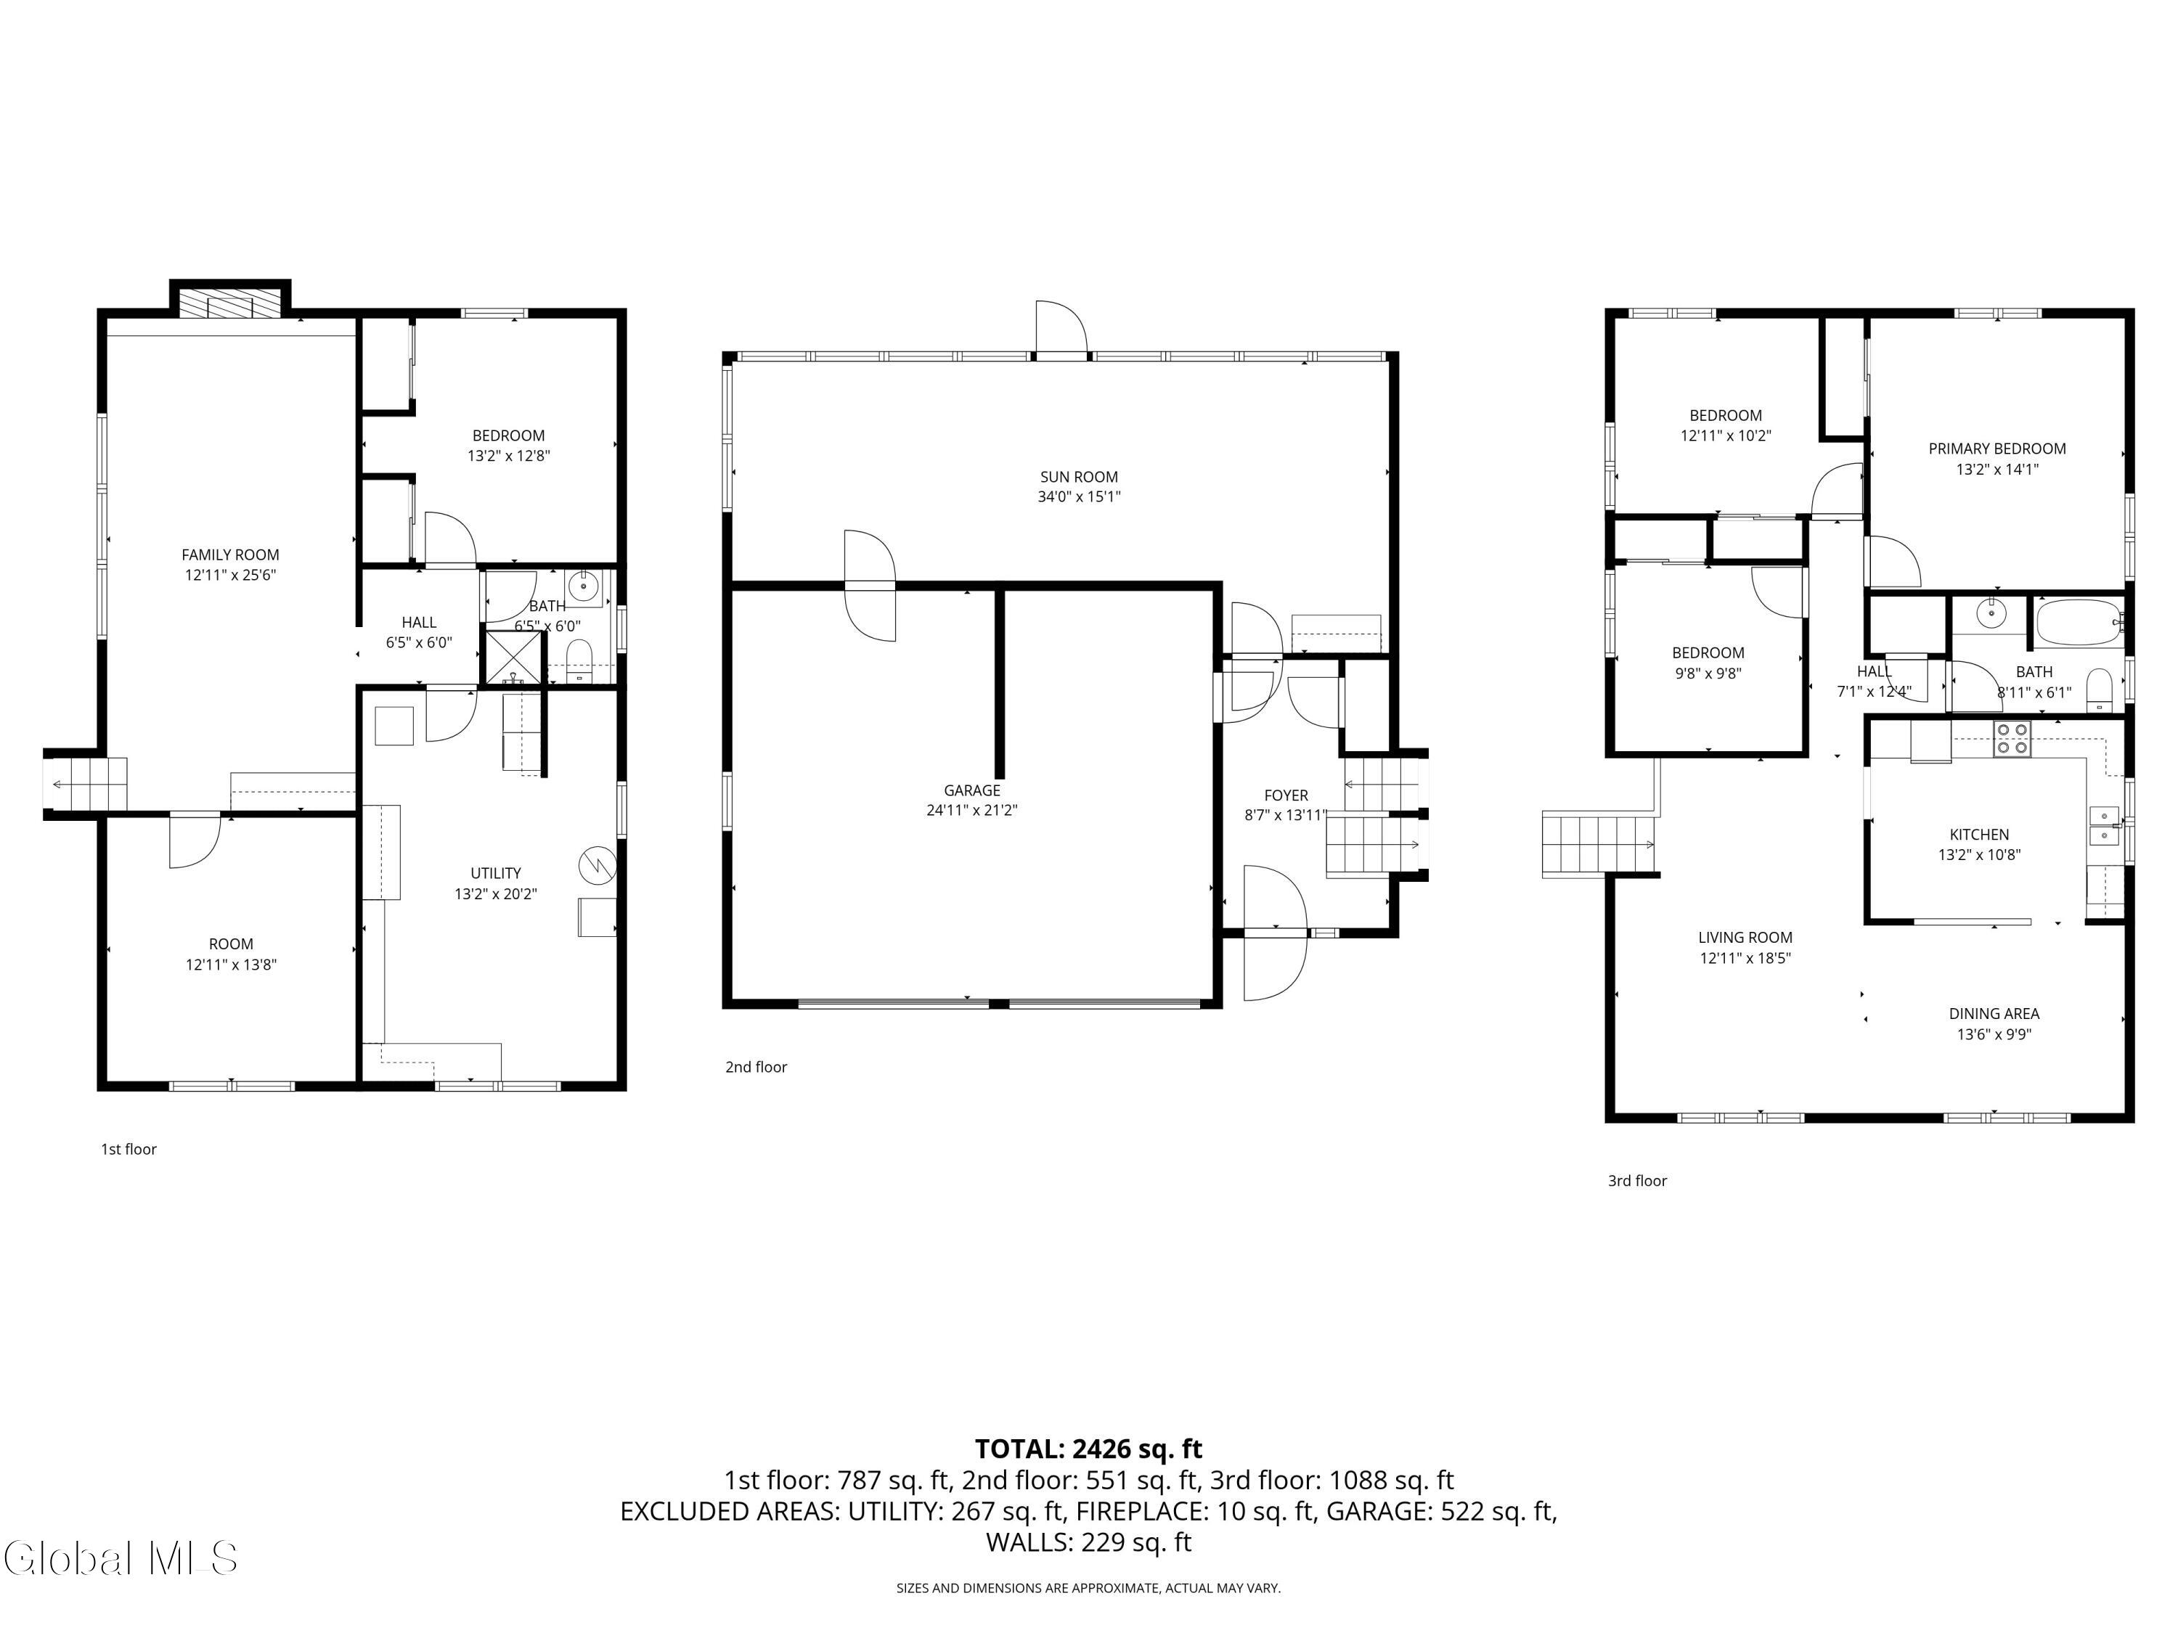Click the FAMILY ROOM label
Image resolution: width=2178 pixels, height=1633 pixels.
pos(230,555)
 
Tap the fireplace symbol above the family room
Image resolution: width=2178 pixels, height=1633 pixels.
pos(230,303)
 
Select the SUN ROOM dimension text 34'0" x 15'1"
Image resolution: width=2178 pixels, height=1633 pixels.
pos(1079,497)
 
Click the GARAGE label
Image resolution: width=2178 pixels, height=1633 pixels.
pos(972,790)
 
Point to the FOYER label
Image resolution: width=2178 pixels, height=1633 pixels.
pos(1286,795)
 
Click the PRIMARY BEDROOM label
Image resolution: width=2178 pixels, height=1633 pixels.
pos(1996,449)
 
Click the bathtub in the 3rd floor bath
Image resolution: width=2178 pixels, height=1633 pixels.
pos(2079,622)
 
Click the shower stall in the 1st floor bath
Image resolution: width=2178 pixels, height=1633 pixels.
pos(512,658)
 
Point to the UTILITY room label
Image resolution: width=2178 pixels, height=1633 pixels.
pos(495,873)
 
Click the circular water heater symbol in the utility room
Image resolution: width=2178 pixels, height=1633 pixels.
pos(597,865)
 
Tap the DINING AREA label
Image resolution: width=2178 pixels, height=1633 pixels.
pos(1994,1014)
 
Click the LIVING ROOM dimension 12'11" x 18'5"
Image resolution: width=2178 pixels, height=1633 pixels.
pos(1745,958)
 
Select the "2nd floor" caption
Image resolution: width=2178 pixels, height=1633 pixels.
pos(756,1067)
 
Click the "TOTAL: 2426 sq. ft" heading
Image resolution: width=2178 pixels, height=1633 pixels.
pos(1088,1449)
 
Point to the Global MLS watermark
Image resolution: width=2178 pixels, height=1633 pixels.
pos(120,1558)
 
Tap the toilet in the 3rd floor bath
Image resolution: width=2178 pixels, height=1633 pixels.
pos(2100,691)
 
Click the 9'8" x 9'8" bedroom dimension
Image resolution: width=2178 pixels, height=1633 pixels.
pos(1708,674)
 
